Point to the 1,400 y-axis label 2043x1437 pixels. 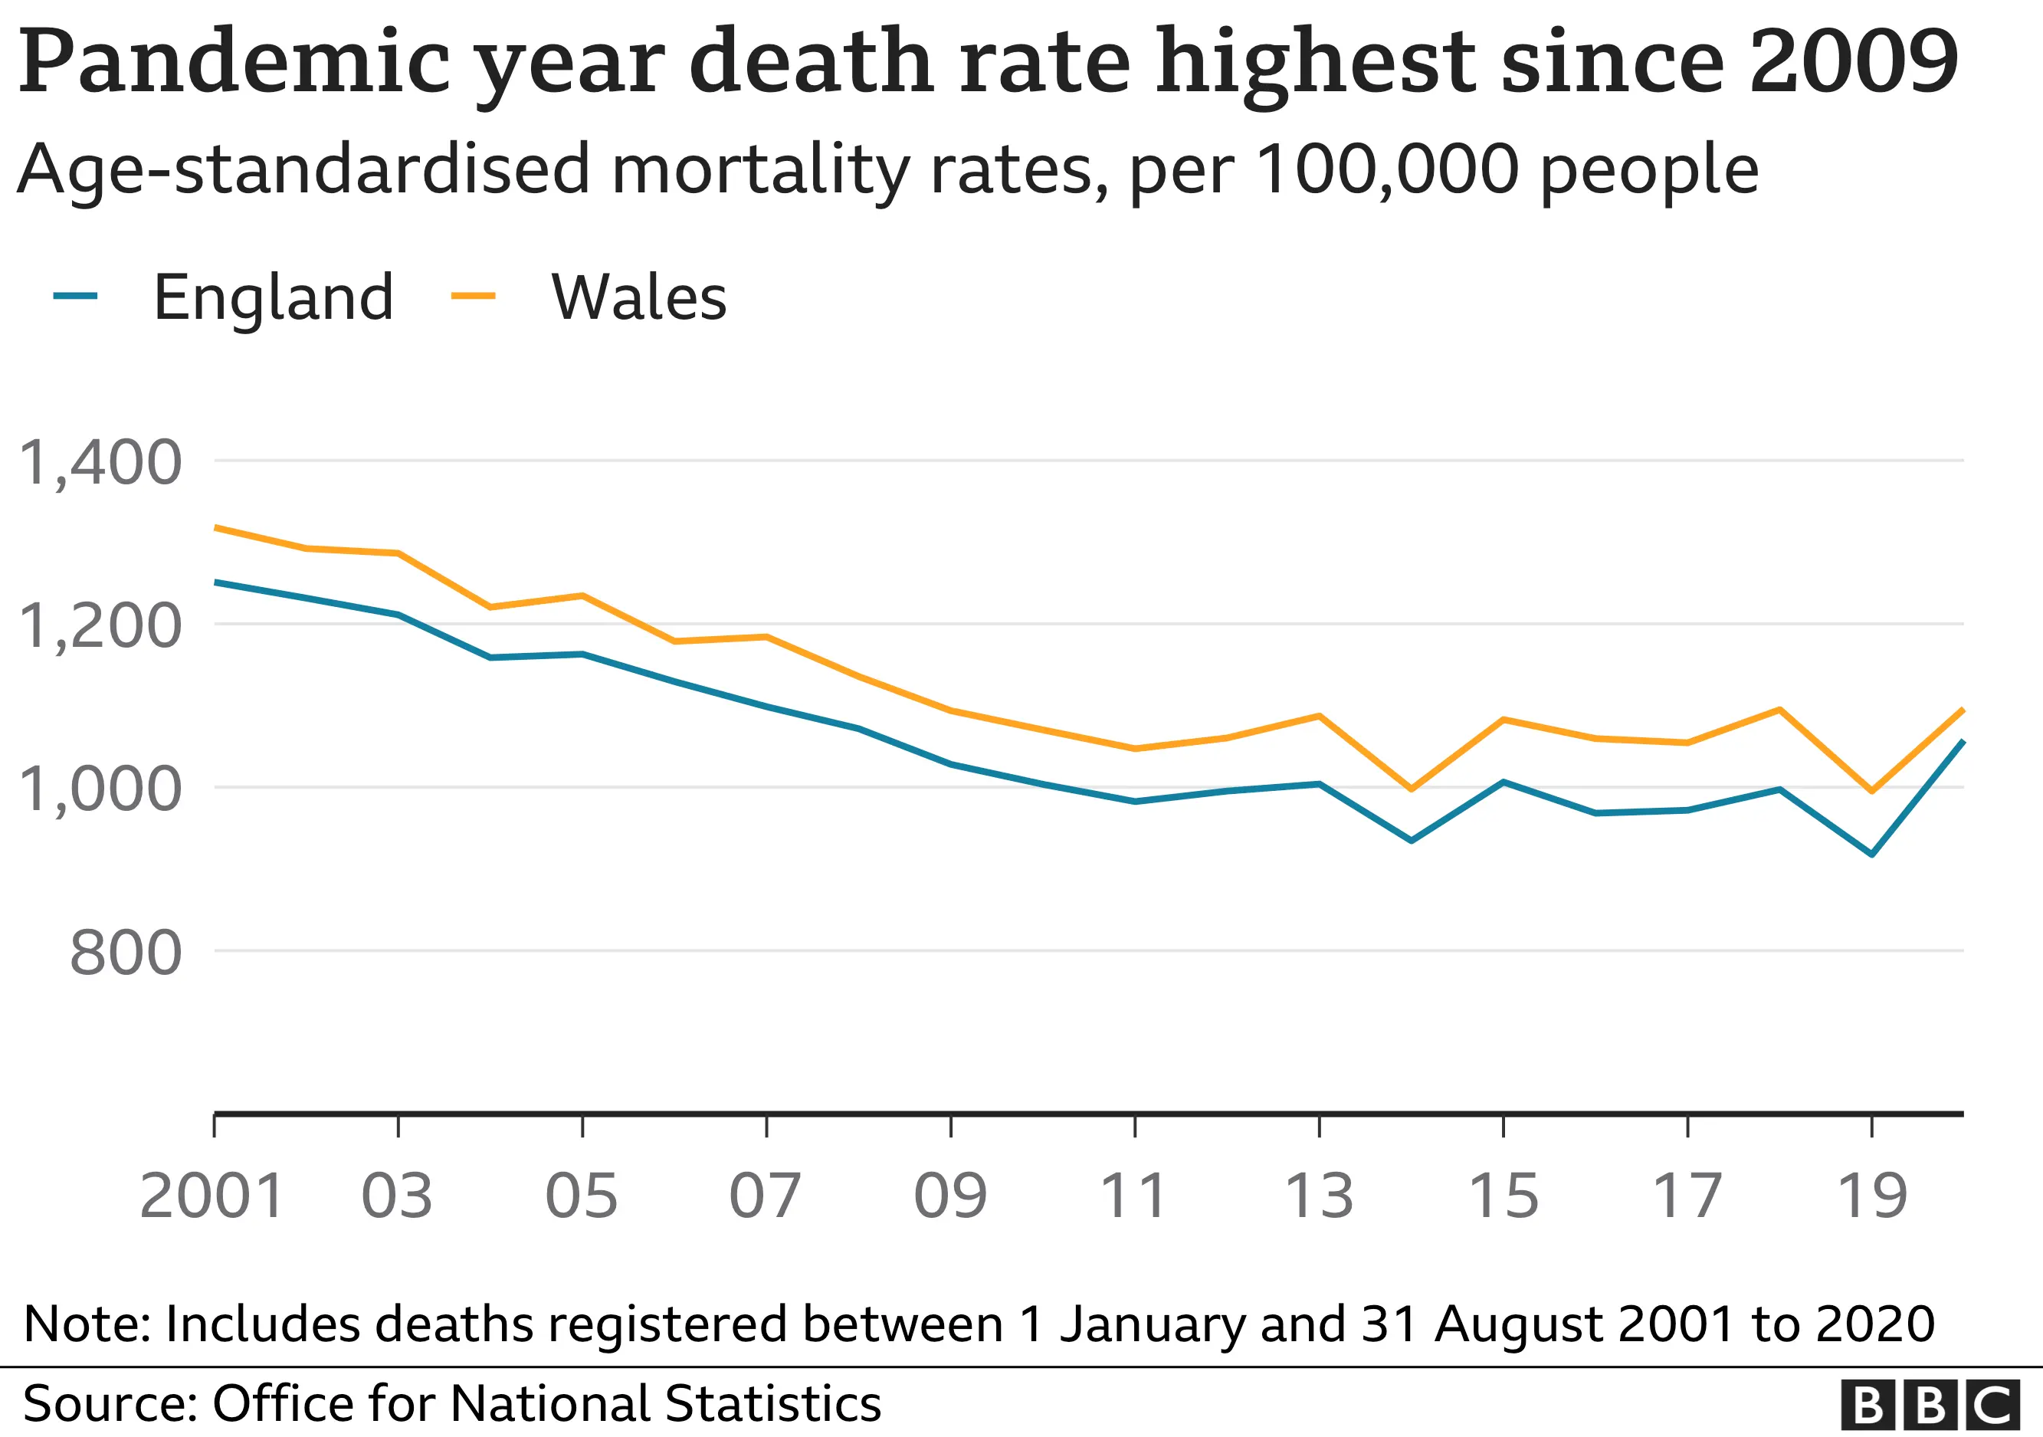tap(100, 463)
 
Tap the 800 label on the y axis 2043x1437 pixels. tap(126, 953)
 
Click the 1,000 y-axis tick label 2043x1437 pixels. tap(100, 789)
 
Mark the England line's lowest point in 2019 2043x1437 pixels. tap(1872, 855)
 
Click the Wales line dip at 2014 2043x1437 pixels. tap(1412, 789)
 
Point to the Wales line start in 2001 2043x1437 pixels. tap(216, 527)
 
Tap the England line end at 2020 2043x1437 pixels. tap(1963, 741)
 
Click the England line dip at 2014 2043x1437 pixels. tap(1412, 840)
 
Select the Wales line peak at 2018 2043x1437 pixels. tap(1779, 709)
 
